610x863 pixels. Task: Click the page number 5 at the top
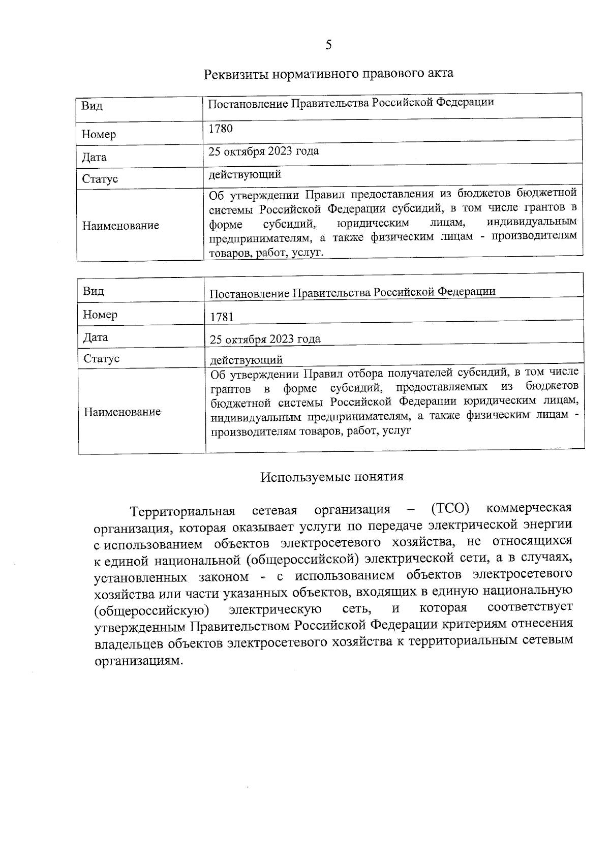pyautogui.click(x=328, y=45)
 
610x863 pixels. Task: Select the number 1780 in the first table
pyautogui.click(x=221, y=129)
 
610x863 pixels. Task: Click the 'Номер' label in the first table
pyautogui.click(x=99, y=135)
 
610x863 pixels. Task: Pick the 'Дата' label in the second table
pyautogui.click(x=96, y=337)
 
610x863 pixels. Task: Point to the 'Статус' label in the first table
pyautogui.click(x=100, y=179)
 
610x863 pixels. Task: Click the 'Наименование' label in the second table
pyautogui.click(x=122, y=412)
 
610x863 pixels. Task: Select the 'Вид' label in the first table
pyautogui.click(x=92, y=106)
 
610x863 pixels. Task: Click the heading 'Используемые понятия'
pyautogui.click(x=332, y=477)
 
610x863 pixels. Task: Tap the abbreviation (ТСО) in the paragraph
pyautogui.click(x=450, y=508)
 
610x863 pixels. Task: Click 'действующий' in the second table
pyautogui.click(x=247, y=360)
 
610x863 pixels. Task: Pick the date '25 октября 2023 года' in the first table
pyautogui.click(x=264, y=151)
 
